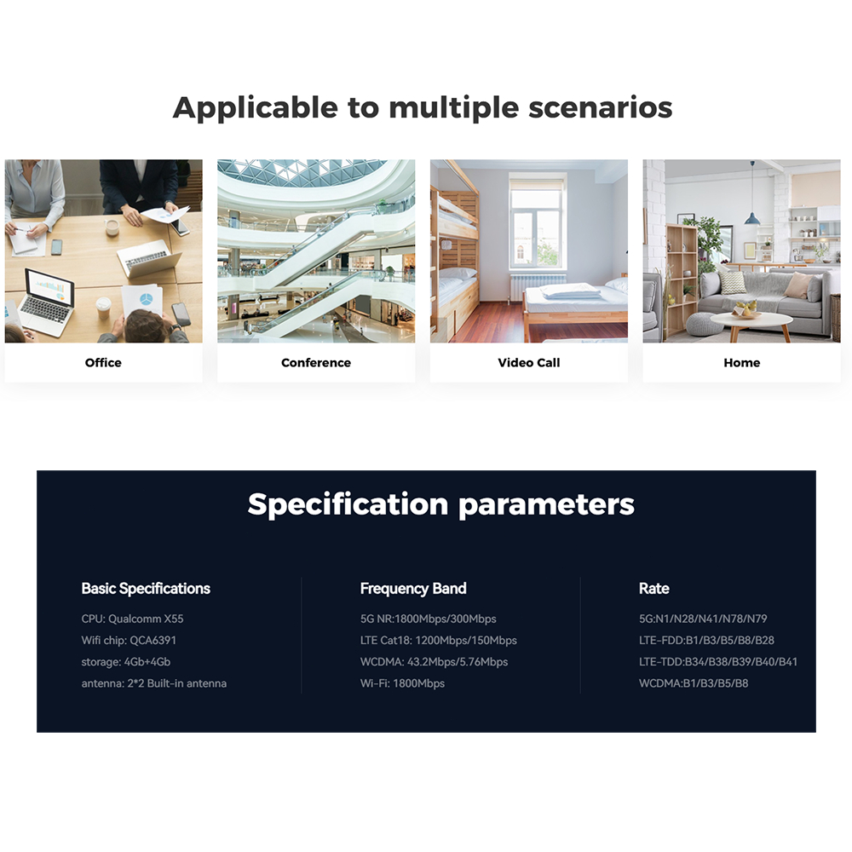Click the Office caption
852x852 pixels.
[103, 362]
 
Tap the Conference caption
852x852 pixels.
[316, 362]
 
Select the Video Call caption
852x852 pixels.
[529, 362]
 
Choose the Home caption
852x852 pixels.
[742, 362]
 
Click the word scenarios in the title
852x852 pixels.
[601, 107]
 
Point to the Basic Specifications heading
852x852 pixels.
[146, 589]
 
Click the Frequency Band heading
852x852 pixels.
[413, 589]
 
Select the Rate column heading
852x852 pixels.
[653, 589]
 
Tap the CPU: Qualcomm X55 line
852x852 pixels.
[133, 619]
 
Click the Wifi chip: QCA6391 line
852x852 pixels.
[129, 640]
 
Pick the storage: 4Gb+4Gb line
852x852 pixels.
[126, 662]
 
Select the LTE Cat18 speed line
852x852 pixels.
[439, 640]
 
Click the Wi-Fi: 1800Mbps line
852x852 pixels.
[402, 683]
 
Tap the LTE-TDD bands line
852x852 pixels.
[718, 662]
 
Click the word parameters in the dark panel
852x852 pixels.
[546, 505]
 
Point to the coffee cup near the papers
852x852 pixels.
[112, 227]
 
